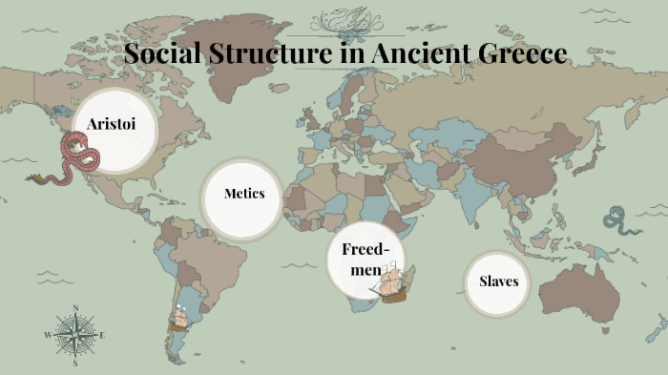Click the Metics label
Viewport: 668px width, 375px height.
click(x=244, y=194)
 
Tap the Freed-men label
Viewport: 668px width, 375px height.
click(x=366, y=259)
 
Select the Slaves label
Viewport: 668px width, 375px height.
click(x=498, y=282)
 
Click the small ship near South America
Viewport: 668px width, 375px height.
click(x=178, y=319)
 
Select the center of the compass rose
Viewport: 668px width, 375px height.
click(x=74, y=335)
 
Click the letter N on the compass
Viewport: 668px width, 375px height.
click(x=74, y=308)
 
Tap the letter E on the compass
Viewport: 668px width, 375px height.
click(x=102, y=335)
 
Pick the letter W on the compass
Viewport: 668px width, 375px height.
click(x=47, y=335)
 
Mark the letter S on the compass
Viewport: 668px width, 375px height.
click(x=74, y=363)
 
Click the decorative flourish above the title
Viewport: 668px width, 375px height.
click(x=348, y=19)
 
